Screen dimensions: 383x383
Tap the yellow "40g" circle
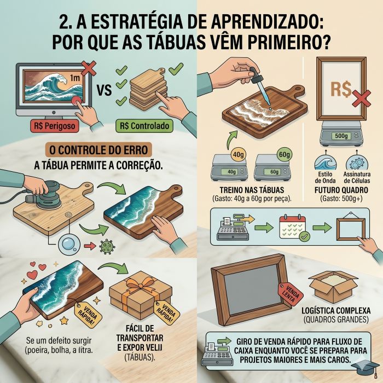[237, 154]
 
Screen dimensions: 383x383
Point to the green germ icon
[105, 247]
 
